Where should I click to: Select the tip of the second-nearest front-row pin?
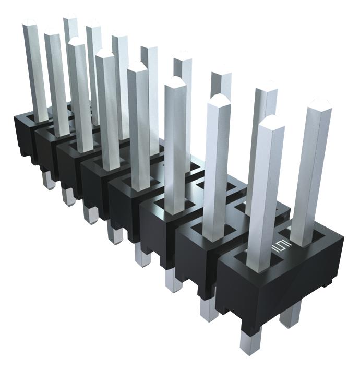[219, 99]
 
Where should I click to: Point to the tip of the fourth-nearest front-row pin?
[137, 66]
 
